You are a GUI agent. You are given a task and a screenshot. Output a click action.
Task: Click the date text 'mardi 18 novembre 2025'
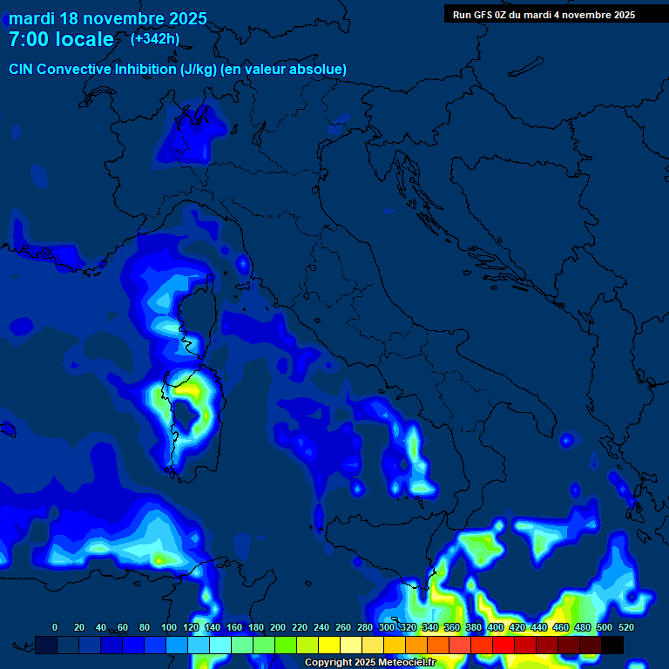[x=108, y=18]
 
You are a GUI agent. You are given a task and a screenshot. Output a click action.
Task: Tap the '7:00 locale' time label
[x=61, y=39]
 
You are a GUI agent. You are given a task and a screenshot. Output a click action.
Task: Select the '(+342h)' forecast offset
[x=154, y=38]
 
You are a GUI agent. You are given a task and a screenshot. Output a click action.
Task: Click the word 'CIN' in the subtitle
[x=21, y=69]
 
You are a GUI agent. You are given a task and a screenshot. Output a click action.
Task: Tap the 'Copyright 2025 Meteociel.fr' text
[x=369, y=662]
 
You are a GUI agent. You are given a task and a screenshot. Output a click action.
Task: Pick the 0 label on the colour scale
[x=55, y=627]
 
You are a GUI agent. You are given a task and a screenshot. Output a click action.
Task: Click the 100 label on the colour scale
[x=169, y=627]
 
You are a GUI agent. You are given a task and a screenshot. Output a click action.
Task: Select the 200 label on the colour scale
[x=278, y=627]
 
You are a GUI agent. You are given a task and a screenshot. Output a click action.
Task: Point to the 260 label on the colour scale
[x=343, y=627]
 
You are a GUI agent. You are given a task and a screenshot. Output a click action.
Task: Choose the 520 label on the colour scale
[x=625, y=627]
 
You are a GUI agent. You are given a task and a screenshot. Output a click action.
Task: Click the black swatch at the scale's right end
[x=612, y=645]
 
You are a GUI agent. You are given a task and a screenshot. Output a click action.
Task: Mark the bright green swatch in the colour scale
[x=286, y=645]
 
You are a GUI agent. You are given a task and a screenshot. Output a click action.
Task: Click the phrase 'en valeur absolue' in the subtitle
[x=295, y=69]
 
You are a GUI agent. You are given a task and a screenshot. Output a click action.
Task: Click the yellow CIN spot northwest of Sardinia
[x=160, y=397]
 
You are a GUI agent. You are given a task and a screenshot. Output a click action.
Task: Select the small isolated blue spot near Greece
[x=567, y=440]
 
